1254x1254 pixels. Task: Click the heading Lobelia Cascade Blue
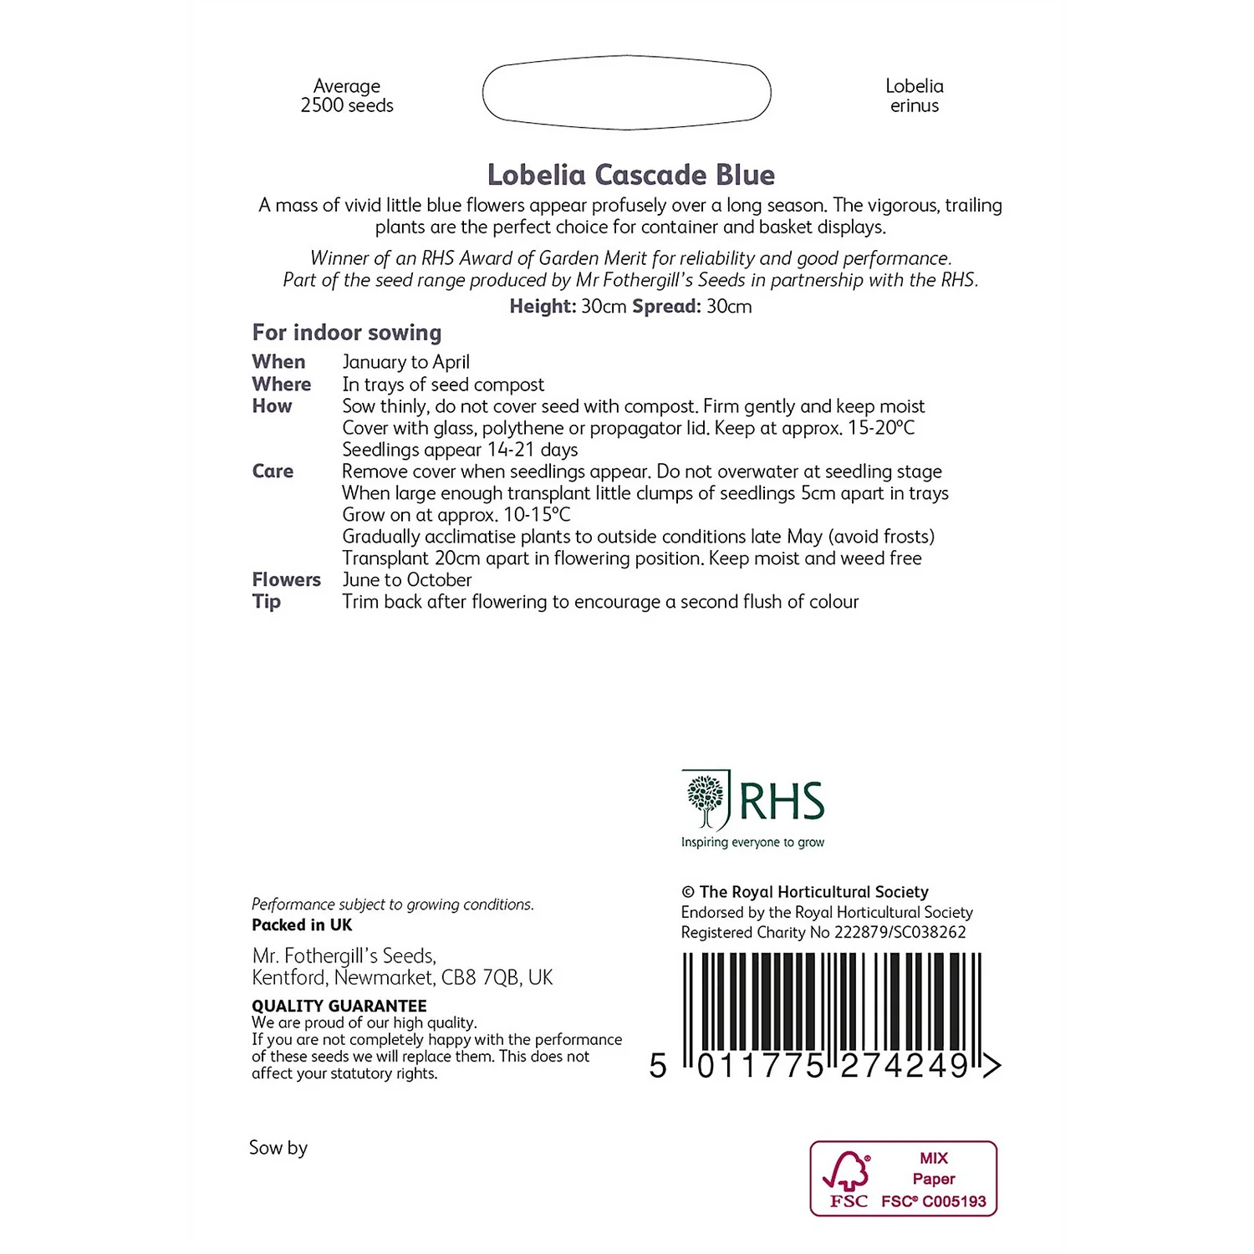(x=630, y=175)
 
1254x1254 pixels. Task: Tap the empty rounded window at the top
(x=626, y=93)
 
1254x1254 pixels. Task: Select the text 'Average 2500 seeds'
(x=347, y=96)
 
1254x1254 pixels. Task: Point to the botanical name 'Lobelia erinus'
(x=914, y=96)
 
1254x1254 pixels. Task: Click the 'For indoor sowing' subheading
(x=347, y=333)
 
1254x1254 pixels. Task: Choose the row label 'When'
(x=278, y=362)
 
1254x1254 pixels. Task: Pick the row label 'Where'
(x=282, y=385)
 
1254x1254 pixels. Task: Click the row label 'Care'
(x=273, y=472)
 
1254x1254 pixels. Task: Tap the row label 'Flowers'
(x=286, y=580)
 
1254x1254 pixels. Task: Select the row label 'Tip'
(x=267, y=602)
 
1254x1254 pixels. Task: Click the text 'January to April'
(x=405, y=362)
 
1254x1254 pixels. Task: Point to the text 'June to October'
(x=406, y=580)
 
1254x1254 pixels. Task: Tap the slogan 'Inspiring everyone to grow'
(x=752, y=843)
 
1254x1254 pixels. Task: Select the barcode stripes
(x=832, y=1003)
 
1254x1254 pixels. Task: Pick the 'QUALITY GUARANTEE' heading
(x=339, y=1006)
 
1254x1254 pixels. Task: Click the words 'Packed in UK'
(x=302, y=925)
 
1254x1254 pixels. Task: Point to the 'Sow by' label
(x=278, y=1148)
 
